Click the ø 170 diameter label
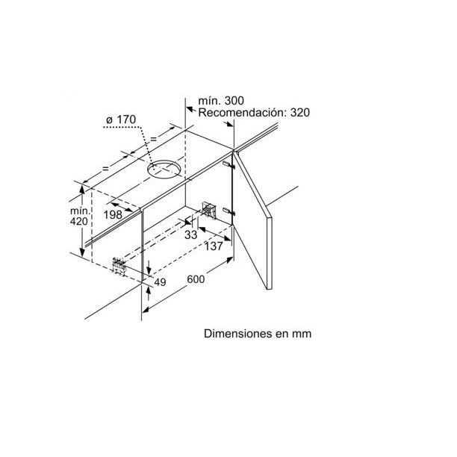[x=121, y=119]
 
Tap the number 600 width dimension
[x=196, y=279]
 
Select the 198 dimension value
[x=113, y=215]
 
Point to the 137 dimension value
[x=214, y=246]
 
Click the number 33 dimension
[x=191, y=234]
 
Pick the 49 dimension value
[x=160, y=282]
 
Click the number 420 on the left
[x=78, y=222]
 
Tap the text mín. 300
[x=221, y=101]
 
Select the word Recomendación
[x=242, y=113]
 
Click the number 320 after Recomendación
[x=300, y=113]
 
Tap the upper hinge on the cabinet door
[x=228, y=165]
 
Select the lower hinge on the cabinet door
[x=228, y=211]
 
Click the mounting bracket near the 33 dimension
[x=208, y=210]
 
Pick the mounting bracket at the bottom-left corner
[x=119, y=264]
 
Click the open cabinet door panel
[x=252, y=220]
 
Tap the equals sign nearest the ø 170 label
[x=153, y=140]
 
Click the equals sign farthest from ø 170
[x=105, y=168]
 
